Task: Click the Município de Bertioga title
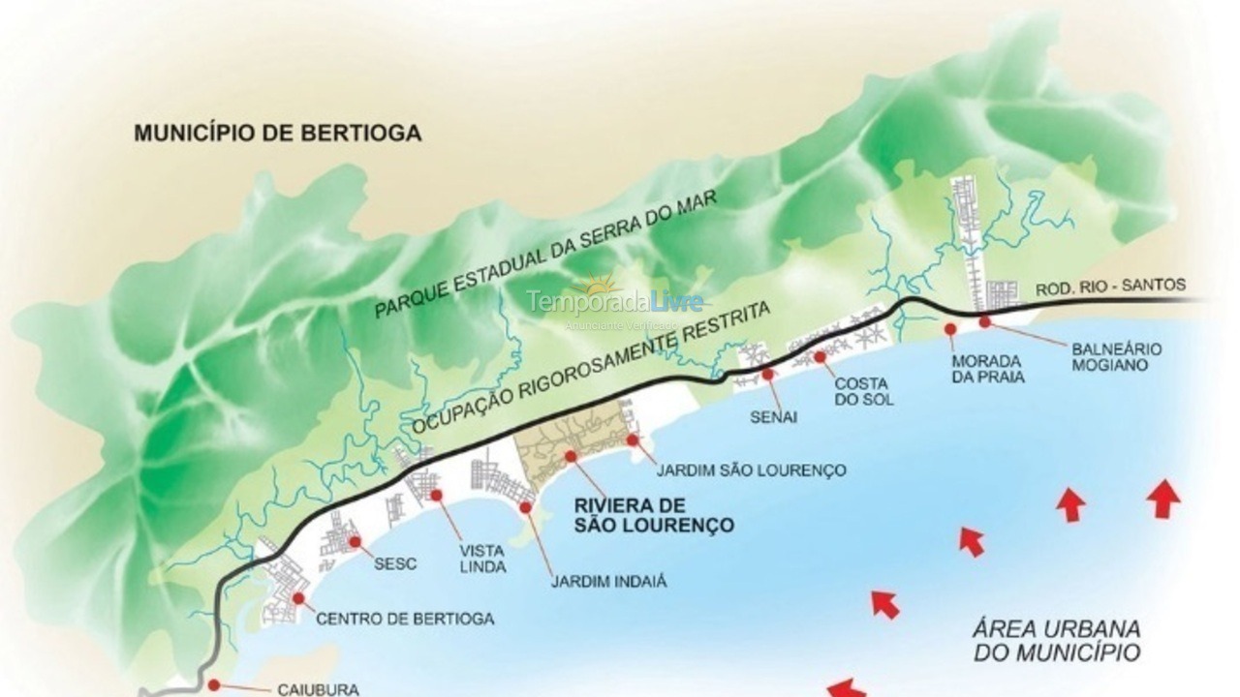[x=277, y=134]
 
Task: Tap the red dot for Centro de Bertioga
[x=297, y=598]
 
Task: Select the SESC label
[x=395, y=564]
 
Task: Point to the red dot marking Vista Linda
[x=436, y=496]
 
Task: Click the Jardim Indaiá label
[x=608, y=582]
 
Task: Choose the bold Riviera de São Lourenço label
[x=653, y=516]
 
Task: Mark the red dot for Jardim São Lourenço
[x=633, y=439]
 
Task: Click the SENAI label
[x=773, y=417]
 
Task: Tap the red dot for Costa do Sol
[x=820, y=357]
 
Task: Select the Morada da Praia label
[x=987, y=369]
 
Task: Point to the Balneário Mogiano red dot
[x=984, y=321]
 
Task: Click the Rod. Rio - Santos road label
[x=1110, y=286]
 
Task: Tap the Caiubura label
[x=318, y=689]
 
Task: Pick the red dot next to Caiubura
[x=214, y=684]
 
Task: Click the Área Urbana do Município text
[x=1056, y=641]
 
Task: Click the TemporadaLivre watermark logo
[x=616, y=300]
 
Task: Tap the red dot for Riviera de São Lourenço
[x=571, y=456]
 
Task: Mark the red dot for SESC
[x=355, y=542]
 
